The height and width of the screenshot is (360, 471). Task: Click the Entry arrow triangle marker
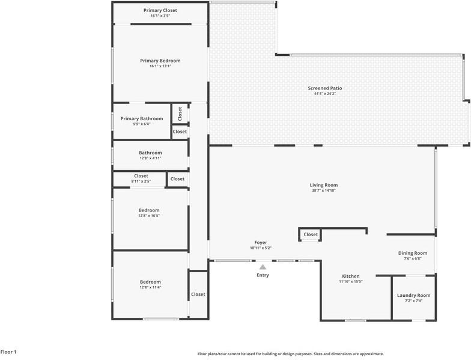tap(263, 267)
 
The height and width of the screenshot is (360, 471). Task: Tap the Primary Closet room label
tap(160, 10)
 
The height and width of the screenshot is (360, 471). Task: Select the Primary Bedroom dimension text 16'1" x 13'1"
tap(160, 66)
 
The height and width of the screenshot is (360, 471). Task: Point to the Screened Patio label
tap(324, 88)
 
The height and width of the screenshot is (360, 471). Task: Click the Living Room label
tap(323, 185)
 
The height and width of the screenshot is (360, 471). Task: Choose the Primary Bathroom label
tap(142, 118)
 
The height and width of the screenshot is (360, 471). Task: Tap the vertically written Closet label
tap(180, 114)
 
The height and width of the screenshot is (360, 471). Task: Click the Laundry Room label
tap(413, 296)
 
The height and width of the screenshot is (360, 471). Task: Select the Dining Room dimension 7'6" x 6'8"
tap(412, 258)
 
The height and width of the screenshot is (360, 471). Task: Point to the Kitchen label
tap(351, 276)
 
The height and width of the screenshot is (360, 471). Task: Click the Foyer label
tap(261, 243)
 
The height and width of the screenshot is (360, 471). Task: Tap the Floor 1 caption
tap(8, 352)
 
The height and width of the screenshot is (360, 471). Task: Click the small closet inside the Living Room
tap(310, 234)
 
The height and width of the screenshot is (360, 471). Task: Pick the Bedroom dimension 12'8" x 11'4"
tap(150, 287)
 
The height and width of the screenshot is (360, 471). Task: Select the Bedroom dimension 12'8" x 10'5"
tap(149, 215)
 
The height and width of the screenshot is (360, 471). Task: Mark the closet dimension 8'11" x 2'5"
tap(141, 182)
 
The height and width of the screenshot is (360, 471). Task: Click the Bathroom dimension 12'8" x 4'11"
tap(150, 158)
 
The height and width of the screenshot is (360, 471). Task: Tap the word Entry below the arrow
tap(263, 275)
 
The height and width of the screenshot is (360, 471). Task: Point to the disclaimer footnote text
tap(291, 354)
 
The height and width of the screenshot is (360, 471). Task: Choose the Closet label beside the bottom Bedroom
tap(198, 294)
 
